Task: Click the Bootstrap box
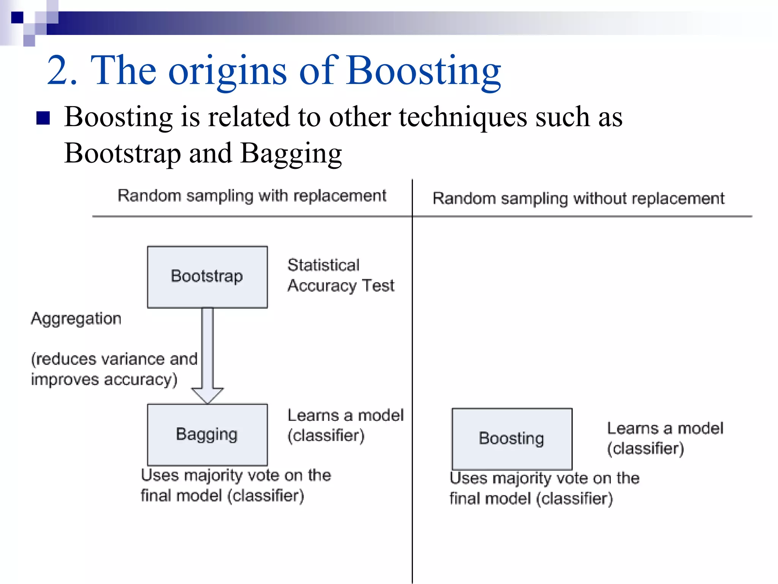(x=207, y=277)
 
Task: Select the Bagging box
(x=207, y=435)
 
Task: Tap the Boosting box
(x=512, y=439)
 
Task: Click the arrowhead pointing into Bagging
(x=207, y=395)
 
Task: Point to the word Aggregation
(x=76, y=319)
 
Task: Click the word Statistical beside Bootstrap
(x=323, y=265)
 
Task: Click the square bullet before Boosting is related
(x=43, y=118)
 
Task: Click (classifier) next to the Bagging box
(x=326, y=436)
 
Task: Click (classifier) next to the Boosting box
(x=645, y=449)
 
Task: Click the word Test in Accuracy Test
(x=378, y=286)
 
